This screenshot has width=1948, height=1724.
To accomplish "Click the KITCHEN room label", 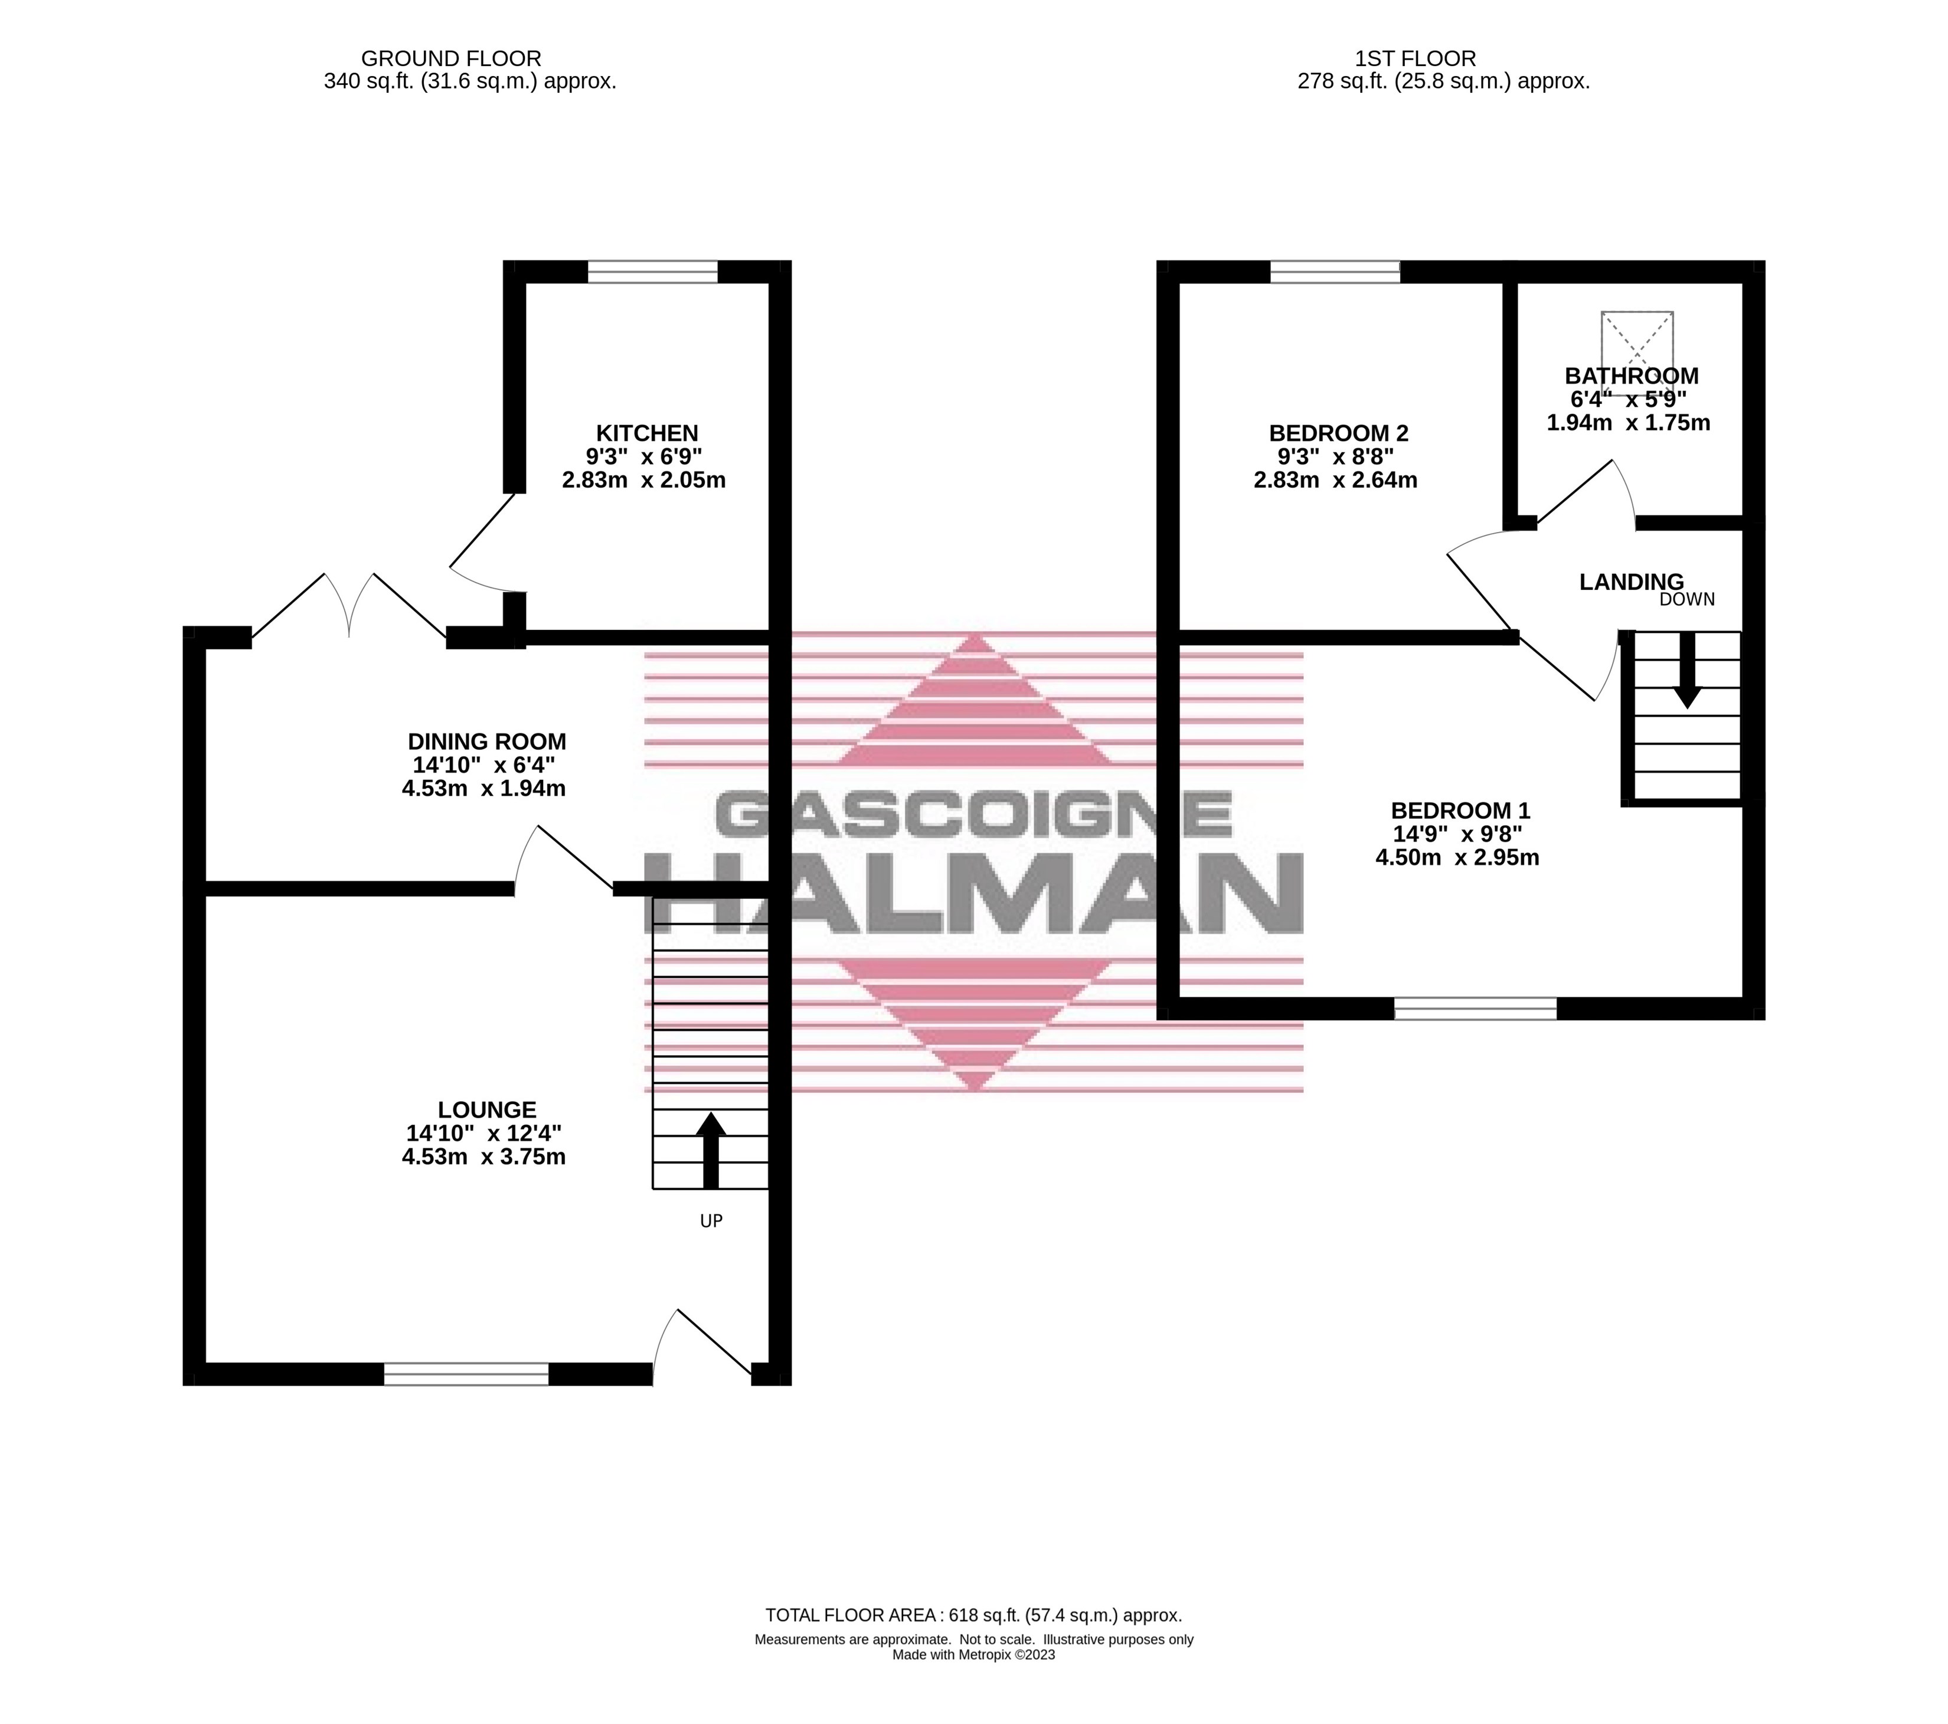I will tap(647, 433).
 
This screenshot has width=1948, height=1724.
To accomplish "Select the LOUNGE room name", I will tap(487, 1109).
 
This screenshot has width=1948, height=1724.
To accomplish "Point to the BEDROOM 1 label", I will tap(1460, 810).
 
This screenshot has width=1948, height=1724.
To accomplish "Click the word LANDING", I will tap(1630, 582).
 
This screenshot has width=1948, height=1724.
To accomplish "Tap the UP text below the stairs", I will tap(711, 1221).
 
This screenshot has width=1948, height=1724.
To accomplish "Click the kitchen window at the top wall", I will tap(653, 273).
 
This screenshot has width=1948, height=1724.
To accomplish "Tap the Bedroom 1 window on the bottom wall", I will tap(1475, 1008).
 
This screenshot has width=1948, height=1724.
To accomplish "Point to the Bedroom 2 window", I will tap(1335, 273).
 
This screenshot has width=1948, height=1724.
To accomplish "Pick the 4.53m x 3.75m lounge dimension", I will tap(483, 1157).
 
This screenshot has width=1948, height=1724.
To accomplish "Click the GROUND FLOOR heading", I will tap(451, 59).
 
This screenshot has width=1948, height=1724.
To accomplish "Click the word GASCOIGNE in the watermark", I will tap(973, 815).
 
